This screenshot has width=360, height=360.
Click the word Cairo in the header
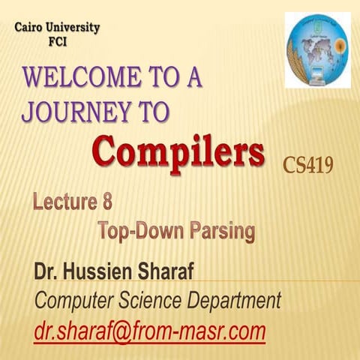point(31,28)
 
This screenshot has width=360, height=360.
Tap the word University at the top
point(73,28)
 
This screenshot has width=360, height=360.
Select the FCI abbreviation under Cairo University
point(57,41)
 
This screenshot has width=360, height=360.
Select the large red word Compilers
point(179,153)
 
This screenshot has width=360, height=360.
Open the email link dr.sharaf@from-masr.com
point(149,331)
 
